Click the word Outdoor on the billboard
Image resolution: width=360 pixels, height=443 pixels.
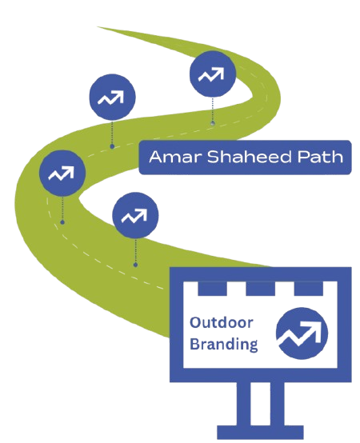(222, 322)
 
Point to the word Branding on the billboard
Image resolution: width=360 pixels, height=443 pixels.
(223, 345)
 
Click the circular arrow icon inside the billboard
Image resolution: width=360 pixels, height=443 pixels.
(302, 333)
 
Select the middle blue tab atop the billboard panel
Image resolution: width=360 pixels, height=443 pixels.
(260, 289)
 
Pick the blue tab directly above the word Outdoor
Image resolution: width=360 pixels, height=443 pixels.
(212, 289)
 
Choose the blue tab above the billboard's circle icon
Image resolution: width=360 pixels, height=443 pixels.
(309, 289)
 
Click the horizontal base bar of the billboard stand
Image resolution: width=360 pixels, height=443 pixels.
(260, 433)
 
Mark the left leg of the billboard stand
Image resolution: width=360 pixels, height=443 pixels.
(243, 404)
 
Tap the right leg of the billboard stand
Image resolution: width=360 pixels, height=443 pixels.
(278, 404)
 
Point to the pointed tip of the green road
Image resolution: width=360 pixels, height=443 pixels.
(98, 27)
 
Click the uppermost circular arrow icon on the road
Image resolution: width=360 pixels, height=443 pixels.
(213, 74)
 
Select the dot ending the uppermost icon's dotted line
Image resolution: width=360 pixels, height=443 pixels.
(213, 123)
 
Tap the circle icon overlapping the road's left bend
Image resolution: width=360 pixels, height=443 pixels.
(62, 174)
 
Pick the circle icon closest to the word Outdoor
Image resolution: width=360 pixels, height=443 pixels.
(135, 216)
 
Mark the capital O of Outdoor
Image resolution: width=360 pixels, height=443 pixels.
(195, 322)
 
